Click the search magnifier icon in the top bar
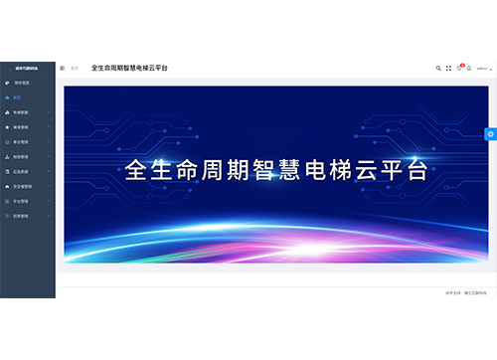point(438,69)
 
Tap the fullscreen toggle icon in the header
point(448,69)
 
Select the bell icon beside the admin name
point(470,69)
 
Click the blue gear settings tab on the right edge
point(491,134)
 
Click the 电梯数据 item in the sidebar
point(21,112)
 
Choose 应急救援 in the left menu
point(21,171)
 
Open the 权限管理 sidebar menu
point(21,215)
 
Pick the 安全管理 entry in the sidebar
point(21,186)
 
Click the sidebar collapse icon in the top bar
point(63,69)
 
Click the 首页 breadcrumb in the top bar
point(75,69)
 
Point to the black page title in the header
point(129,69)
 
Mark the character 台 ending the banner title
point(418,169)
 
